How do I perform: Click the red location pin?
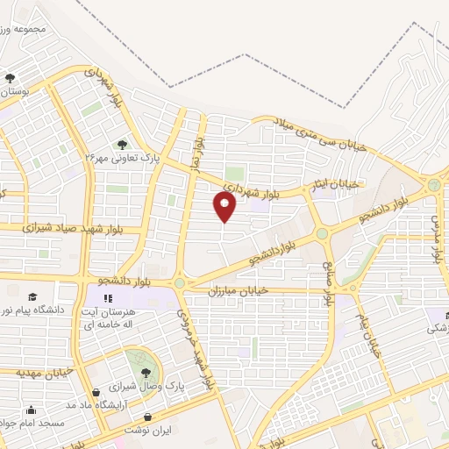(x=225, y=207)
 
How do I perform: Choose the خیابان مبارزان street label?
(x=237, y=289)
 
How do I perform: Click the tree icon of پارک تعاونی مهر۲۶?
(x=123, y=144)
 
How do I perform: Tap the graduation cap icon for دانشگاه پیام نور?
(x=32, y=298)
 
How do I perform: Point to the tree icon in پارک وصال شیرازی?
(x=134, y=371)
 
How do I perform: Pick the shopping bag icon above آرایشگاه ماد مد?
(x=96, y=393)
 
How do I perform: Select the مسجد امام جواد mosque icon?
(x=32, y=410)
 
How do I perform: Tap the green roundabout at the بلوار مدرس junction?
(x=434, y=185)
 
